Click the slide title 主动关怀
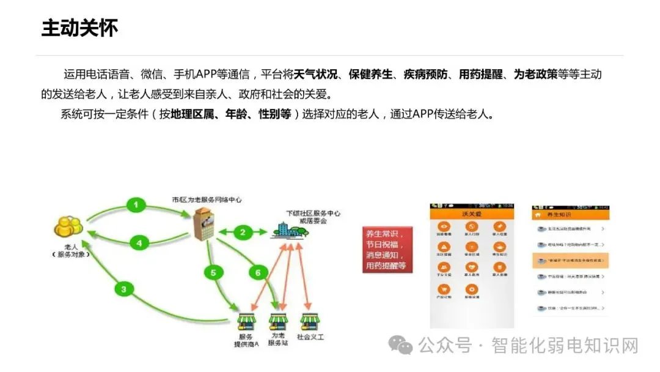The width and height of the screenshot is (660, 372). (x=79, y=28)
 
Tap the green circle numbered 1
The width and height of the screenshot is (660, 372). (x=136, y=205)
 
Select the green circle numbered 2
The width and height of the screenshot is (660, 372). (x=243, y=232)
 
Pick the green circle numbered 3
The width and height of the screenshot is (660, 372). (x=124, y=289)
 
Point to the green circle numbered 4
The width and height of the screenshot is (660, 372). (x=139, y=243)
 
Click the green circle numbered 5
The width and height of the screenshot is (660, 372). (x=213, y=273)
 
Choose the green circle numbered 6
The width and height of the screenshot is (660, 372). (x=257, y=272)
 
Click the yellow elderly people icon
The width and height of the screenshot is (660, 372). (x=68, y=226)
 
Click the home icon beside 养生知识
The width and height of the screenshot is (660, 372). (x=538, y=215)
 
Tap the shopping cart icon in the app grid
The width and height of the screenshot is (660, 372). (x=446, y=291)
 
